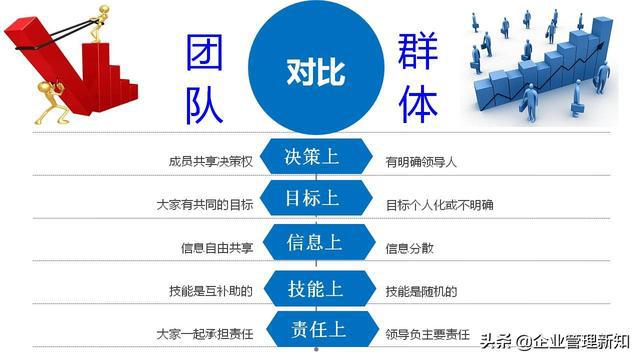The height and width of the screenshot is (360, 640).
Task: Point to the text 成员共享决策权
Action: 212,160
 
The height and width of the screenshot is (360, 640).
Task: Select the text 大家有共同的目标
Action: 205,205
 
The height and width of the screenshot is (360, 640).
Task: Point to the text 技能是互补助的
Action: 212,291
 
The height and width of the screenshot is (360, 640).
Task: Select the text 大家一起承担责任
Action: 205,334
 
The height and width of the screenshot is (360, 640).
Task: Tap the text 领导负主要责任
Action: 424,334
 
